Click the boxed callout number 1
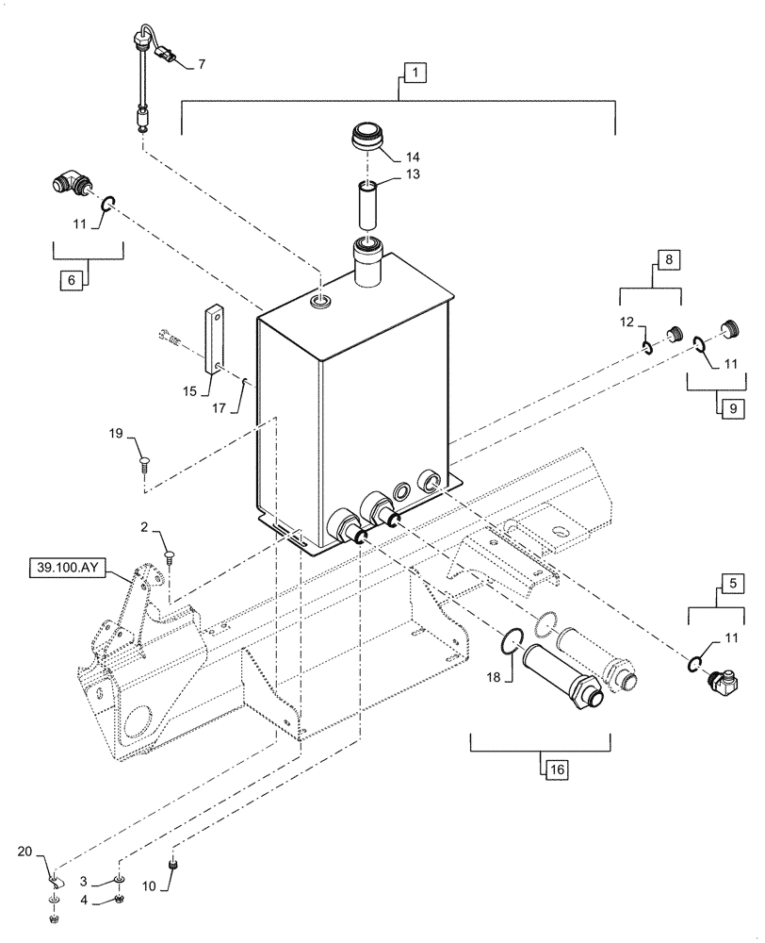415,71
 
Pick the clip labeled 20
55,882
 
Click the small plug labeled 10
172,864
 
